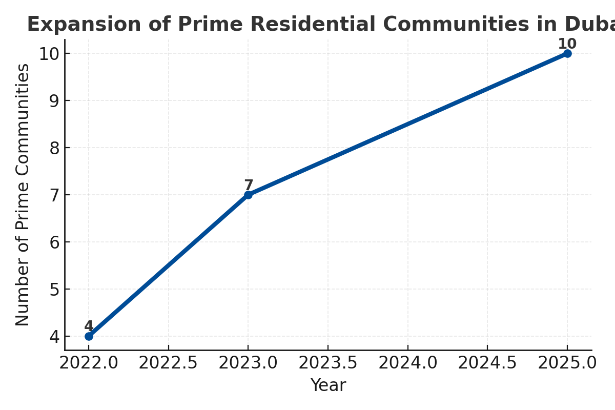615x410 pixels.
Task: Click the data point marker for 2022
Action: tap(89, 336)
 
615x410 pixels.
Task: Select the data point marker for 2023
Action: tap(248, 195)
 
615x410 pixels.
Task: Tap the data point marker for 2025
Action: tap(567, 53)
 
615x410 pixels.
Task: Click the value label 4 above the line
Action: tap(89, 326)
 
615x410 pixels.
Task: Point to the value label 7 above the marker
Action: tap(249, 186)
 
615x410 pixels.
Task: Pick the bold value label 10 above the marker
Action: tap(567, 44)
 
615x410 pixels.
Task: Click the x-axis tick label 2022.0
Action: tap(89, 363)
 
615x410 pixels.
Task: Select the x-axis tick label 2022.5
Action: tap(168, 363)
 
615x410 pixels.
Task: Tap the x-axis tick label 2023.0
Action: tap(248, 363)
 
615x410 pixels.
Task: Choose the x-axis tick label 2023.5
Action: tap(328, 363)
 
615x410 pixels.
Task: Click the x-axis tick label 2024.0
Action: tap(407, 363)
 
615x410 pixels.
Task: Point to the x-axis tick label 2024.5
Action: tap(487, 363)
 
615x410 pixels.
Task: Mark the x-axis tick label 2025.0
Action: tap(567, 363)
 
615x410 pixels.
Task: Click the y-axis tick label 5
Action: tap(54, 290)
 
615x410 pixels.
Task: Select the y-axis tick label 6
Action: tap(54, 242)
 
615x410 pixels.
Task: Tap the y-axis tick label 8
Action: tap(54, 148)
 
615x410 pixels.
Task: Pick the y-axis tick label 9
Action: tap(54, 101)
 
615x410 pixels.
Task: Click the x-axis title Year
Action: tap(328, 385)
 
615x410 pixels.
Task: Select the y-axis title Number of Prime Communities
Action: tap(23, 195)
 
